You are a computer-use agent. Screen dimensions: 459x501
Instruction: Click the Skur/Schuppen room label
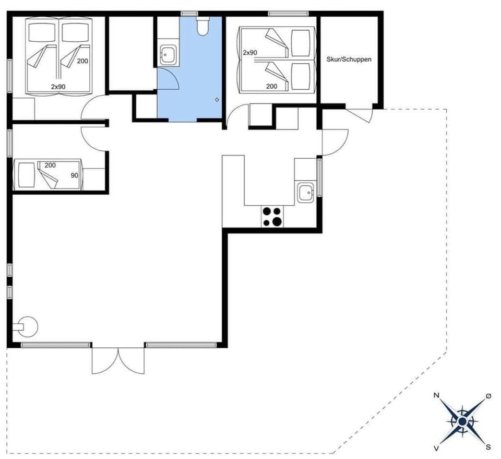point(349,60)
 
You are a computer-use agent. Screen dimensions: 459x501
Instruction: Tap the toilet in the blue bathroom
point(202,26)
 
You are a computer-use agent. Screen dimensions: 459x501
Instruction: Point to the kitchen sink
point(305,193)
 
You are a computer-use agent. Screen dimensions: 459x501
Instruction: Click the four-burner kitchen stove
point(272,217)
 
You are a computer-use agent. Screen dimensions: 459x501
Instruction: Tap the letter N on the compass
point(436,396)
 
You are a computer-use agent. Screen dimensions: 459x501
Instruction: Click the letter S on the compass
point(488,446)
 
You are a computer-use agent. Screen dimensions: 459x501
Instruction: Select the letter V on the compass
point(436,448)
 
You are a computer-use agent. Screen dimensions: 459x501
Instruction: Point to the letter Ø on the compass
point(488,396)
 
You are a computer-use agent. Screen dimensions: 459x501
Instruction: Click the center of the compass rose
point(462,421)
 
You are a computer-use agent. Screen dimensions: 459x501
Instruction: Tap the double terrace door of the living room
point(118,360)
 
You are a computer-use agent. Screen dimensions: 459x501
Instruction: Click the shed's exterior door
point(360,114)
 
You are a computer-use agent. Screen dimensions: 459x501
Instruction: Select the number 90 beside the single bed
point(74,175)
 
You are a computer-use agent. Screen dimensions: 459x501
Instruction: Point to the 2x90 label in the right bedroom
point(250,53)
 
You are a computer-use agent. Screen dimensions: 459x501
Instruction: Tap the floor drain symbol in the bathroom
point(217,99)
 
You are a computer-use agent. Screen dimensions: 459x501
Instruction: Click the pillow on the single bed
point(25,174)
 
